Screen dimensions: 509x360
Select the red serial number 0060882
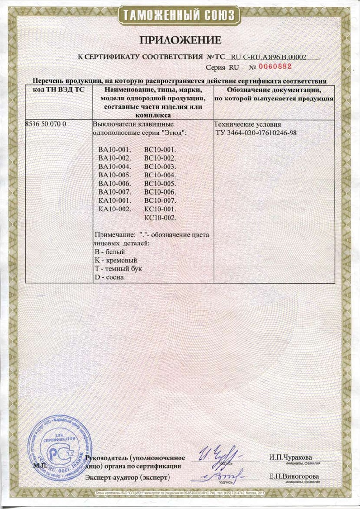pos(275,67)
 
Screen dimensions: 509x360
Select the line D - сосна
pos(107,277)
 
